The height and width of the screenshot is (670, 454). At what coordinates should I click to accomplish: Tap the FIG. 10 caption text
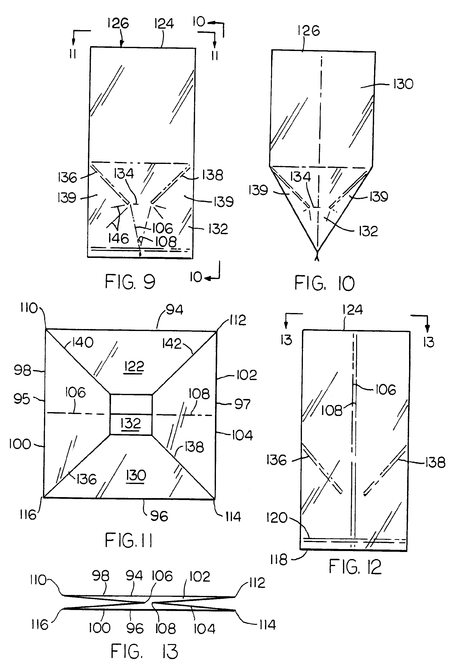(x=325, y=283)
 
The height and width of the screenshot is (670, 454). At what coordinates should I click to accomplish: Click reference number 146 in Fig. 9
(x=118, y=239)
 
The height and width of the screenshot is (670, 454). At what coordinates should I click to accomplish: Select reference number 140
(x=83, y=342)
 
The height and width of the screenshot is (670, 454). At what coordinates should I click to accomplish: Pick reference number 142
(x=172, y=344)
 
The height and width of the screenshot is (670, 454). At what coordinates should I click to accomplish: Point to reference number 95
(x=22, y=399)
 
